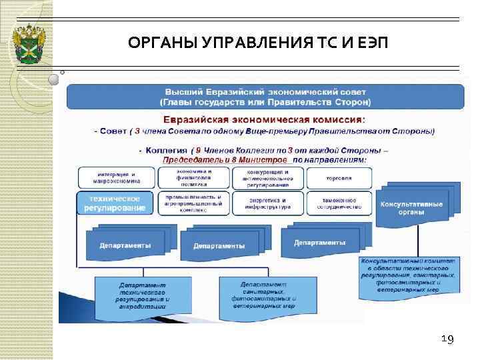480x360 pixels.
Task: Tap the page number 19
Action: pos(447,340)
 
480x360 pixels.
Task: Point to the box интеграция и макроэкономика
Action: pos(117,177)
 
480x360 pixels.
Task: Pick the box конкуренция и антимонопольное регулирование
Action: pos(268,177)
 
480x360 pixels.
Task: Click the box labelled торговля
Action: pos(339,178)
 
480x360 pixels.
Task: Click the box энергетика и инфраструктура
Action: pos(268,203)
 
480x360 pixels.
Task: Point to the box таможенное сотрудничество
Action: pos(339,203)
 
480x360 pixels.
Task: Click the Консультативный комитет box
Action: pos(409,275)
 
